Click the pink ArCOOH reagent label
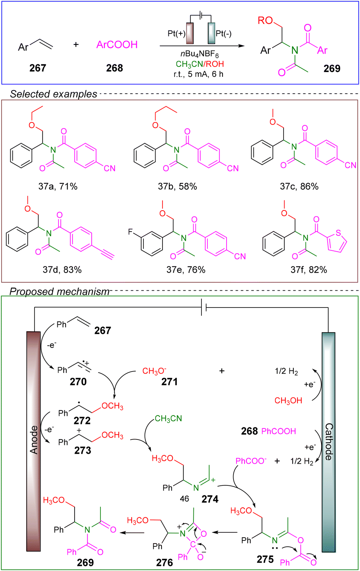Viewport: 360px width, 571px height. (117, 45)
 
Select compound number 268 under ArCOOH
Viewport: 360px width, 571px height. (114, 68)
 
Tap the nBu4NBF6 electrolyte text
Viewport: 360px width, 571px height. (202, 55)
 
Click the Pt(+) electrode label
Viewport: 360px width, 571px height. (177, 33)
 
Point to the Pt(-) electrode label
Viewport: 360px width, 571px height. (224, 33)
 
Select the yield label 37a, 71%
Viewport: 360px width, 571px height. (58, 187)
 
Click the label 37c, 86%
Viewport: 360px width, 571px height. (299, 187)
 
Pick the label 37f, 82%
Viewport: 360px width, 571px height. (309, 270)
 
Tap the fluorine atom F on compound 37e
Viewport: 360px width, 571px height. (131, 232)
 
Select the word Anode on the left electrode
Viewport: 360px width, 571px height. (34, 439)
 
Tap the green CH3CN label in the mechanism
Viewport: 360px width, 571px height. (168, 419)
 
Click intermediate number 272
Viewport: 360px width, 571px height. (82, 420)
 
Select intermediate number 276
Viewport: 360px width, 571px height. (164, 563)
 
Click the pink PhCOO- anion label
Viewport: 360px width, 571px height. (251, 461)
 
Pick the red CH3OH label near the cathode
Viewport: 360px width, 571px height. (288, 401)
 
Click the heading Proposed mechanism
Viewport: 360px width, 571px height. (60, 292)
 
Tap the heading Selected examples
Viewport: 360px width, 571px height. (53, 94)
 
